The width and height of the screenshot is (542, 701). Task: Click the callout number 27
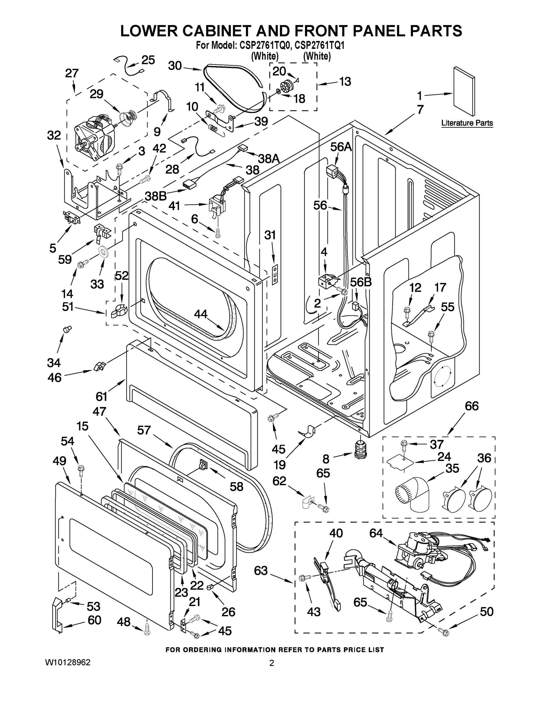point(72,73)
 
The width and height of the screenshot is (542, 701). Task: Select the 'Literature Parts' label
point(467,123)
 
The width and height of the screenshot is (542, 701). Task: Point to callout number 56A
point(341,147)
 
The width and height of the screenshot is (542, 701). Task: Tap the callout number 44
point(200,314)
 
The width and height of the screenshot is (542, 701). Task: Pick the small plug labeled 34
point(67,329)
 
